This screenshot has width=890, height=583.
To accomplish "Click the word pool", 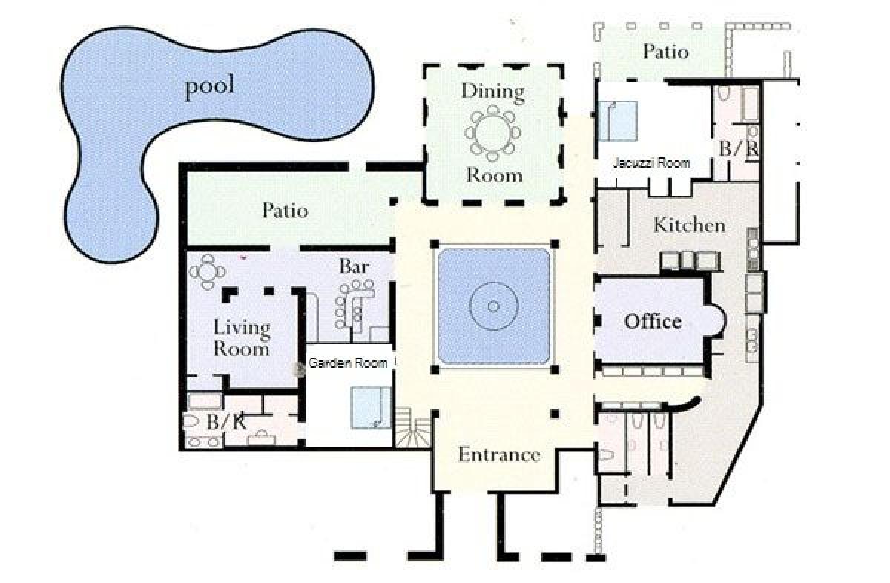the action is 210,88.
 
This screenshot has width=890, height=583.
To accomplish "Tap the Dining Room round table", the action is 492,133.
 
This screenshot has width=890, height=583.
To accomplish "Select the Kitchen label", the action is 690,225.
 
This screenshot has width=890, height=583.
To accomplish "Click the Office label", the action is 653,321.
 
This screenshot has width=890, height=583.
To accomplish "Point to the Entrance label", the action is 499,455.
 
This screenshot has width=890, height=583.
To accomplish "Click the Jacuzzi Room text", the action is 651,163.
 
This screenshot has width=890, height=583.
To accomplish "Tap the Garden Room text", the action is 348,363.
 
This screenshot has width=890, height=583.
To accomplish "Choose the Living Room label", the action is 242,338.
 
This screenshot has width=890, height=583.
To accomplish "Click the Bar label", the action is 354,267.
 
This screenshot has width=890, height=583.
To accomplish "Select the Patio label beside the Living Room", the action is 285,210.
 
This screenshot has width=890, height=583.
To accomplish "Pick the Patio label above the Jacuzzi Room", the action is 665,52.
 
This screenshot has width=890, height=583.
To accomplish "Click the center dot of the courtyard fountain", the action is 493,306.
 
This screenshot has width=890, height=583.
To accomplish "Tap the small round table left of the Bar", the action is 207,271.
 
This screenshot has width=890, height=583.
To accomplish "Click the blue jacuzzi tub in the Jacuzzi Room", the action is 618,121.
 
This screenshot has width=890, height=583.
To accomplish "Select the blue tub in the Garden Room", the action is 370,408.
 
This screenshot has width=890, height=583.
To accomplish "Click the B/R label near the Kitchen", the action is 738,149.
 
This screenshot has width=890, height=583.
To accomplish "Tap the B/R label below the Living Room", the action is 225,423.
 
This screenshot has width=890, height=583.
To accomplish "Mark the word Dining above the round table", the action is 492,92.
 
